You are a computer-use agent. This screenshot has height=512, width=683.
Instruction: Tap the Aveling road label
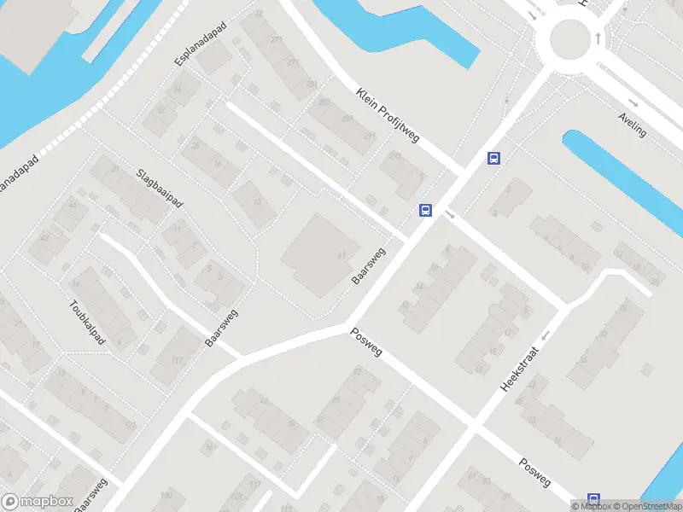tap(633, 125)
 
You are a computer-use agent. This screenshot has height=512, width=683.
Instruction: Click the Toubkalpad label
tap(87, 323)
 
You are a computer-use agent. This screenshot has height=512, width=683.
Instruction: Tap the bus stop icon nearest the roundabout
tap(493, 158)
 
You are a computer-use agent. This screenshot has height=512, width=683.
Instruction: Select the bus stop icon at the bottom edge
tap(593, 501)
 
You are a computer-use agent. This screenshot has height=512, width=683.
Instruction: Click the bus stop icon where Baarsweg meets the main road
tap(424, 211)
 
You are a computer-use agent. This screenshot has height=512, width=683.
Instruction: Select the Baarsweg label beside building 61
tap(370, 266)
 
